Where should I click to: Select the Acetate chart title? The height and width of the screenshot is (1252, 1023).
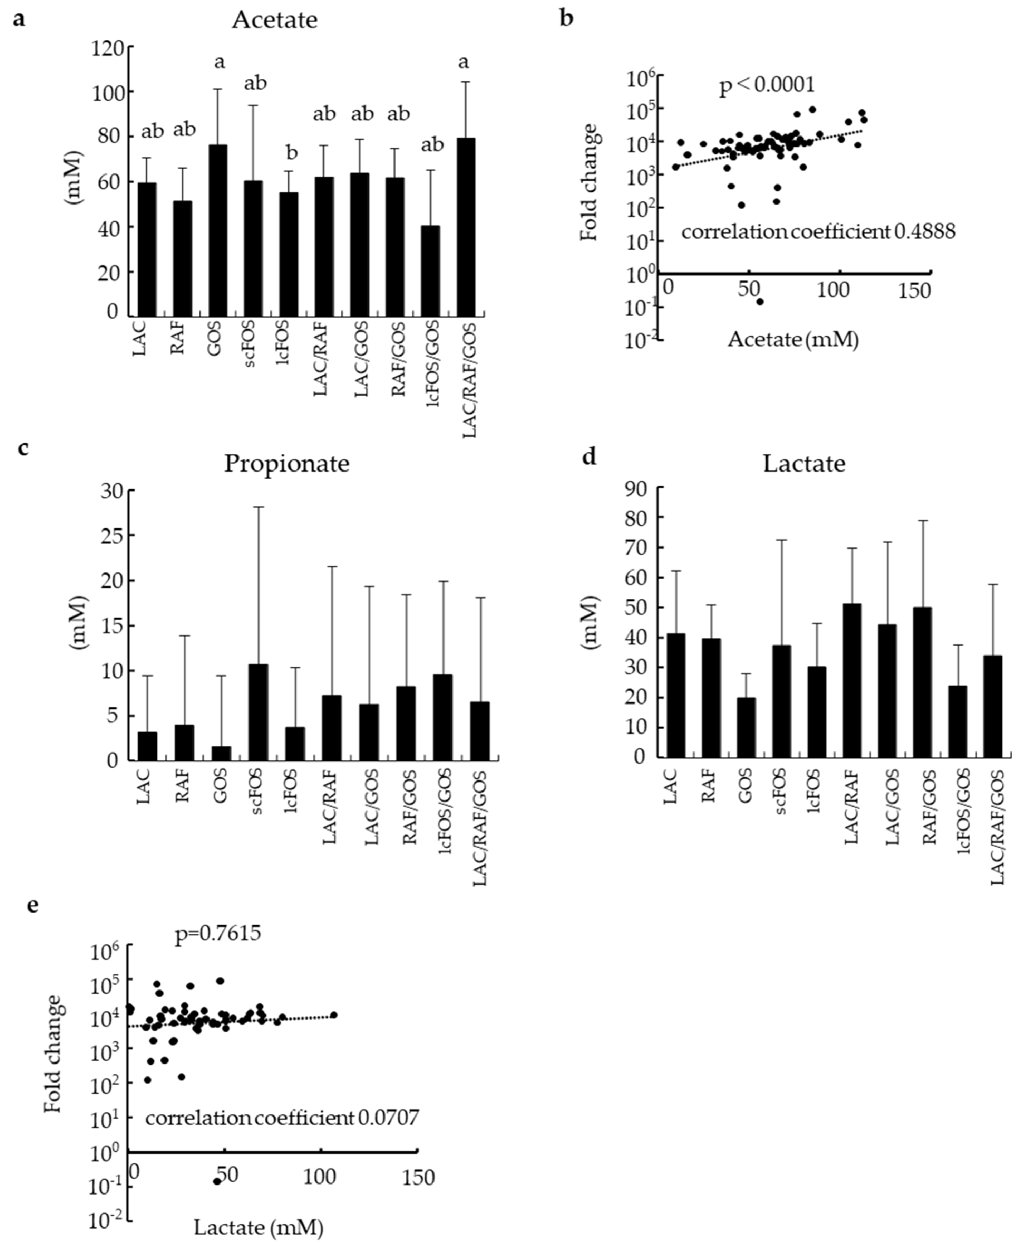tap(275, 20)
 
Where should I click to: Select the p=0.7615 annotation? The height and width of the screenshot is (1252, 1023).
tap(218, 934)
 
